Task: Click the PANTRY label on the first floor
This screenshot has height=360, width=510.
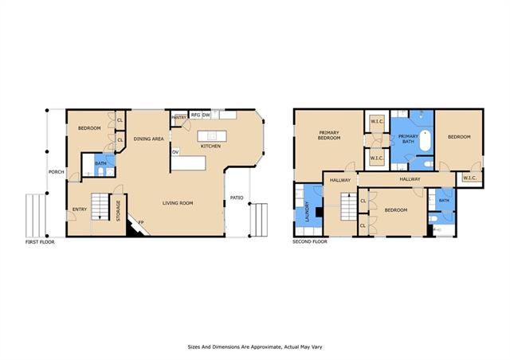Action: click(x=178, y=117)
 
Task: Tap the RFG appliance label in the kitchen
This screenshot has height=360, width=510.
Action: click(x=195, y=115)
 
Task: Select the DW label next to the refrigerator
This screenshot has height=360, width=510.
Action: click(x=206, y=115)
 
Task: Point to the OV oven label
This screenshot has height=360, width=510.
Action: click(x=175, y=152)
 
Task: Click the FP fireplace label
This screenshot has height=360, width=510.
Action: click(x=141, y=222)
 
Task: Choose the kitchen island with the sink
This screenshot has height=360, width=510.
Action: click(x=212, y=136)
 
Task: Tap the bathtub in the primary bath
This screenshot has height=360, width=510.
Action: click(x=425, y=140)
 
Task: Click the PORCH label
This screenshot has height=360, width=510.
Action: click(x=57, y=172)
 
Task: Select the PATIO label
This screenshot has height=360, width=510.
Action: click(x=237, y=198)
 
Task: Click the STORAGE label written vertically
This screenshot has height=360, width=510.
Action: click(x=119, y=211)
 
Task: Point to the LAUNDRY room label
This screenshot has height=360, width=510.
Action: click(x=308, y=212)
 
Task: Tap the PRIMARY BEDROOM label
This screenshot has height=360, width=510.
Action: click(x=329, y=135)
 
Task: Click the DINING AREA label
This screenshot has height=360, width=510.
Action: click(x=149, y=139)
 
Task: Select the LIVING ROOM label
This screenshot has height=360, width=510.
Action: click(x=178, y=203)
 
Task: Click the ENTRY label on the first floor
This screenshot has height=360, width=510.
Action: click(x=80, y=209)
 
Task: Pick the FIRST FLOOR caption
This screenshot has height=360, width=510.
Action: click(x=40, y=242)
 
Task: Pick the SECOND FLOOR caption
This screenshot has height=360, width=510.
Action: click(x=310, y=241)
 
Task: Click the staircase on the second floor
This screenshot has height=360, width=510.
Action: click(x=349, y=206)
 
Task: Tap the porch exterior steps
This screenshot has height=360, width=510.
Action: click(x=36, y=216)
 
